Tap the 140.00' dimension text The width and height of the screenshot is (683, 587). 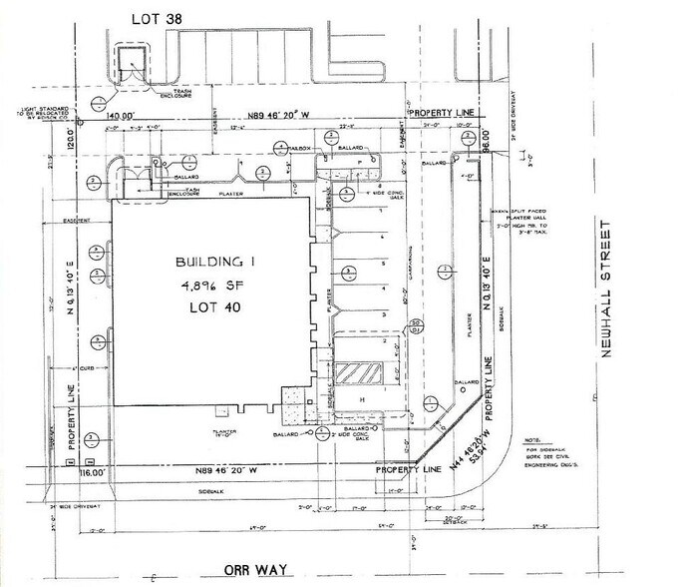coord(123,116)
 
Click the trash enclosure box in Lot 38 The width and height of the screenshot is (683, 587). coord(133,66)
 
